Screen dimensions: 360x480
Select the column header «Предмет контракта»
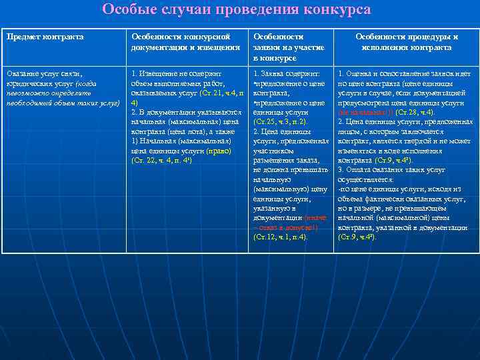[x=45, y=37]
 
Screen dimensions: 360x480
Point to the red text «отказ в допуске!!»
[x=287, y=227]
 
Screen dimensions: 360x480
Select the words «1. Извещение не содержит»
[x=177, y=73]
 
